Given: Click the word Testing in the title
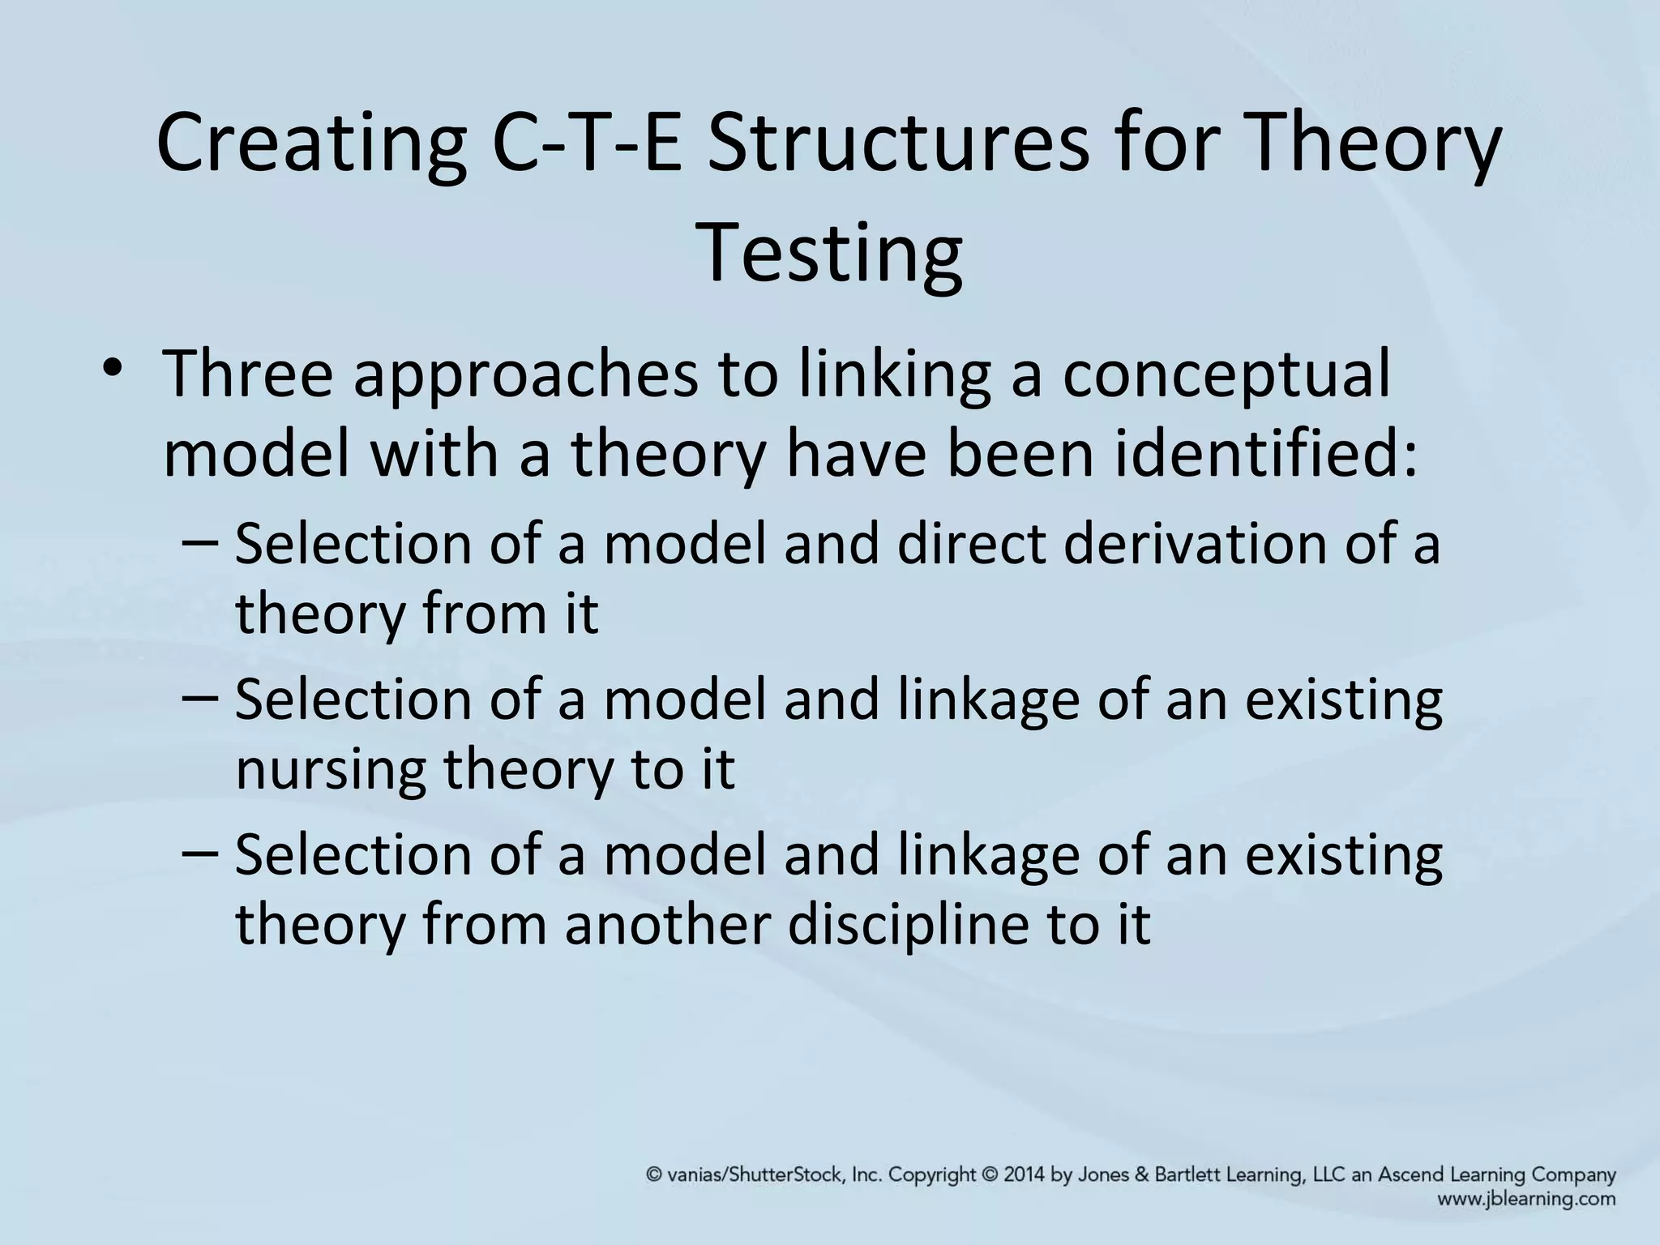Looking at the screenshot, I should pos(829,254).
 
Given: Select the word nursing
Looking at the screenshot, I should pos(330,770).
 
